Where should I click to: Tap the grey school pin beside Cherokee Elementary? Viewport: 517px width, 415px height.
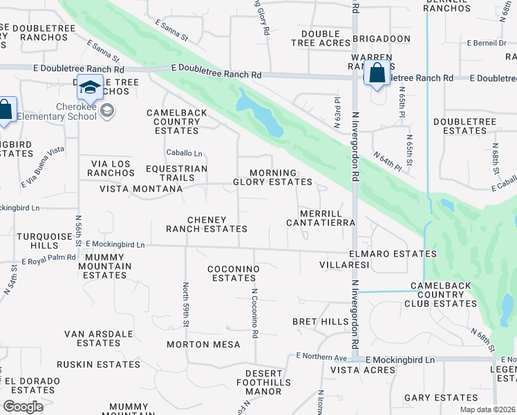point(107,111)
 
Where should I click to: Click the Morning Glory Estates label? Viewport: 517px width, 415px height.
point(272,177)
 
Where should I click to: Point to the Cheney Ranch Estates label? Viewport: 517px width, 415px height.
point(206,223)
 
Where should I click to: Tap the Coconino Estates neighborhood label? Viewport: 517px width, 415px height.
point(234,273)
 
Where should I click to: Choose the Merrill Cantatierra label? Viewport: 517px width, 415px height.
point(321,218)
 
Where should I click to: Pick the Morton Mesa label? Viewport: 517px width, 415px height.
point(203,344)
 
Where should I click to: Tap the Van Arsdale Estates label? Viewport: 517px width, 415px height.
point(98,338)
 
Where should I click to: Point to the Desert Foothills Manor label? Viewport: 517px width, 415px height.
point(258,382)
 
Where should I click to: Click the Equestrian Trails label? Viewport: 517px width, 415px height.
point(176,173)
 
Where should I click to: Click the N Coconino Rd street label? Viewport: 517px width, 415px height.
point(254,313)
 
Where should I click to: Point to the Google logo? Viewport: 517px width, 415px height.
point(23,406)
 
